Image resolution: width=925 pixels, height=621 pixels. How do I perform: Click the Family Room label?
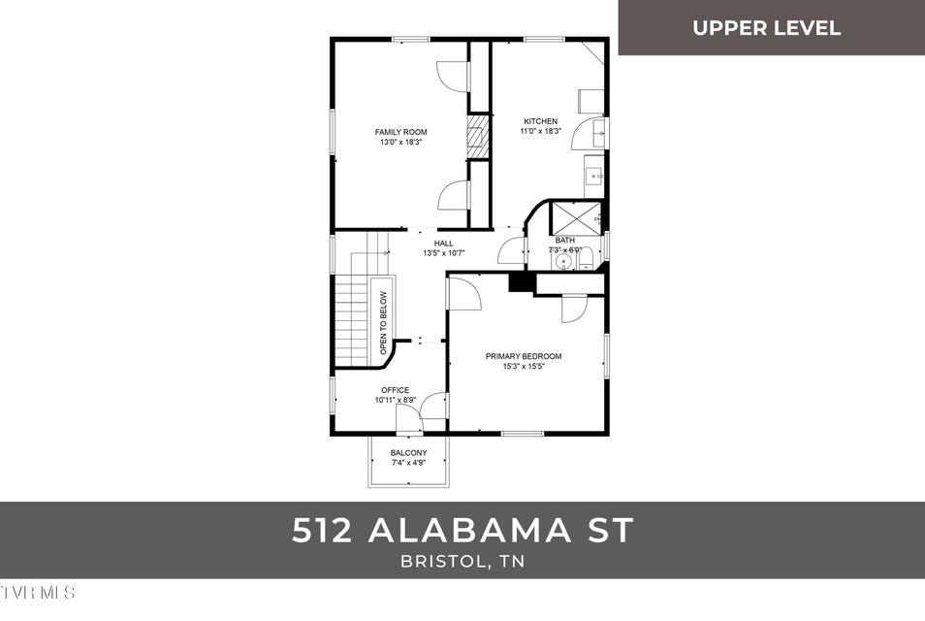coord(400,132)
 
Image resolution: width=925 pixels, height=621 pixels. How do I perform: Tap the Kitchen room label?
coord(540,121)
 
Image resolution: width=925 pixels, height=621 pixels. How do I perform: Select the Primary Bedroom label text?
coord(524,356)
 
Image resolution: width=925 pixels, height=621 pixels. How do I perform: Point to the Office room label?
coord(395,390)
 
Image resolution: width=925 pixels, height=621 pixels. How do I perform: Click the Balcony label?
coord(408,453)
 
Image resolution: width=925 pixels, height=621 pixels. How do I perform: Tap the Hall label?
coord(444,244)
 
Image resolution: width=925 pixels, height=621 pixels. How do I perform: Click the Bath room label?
coord(565,240)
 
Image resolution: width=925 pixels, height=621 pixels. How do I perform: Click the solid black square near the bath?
coord(521,280)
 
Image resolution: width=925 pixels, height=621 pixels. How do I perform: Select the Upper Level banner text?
coord(766,27)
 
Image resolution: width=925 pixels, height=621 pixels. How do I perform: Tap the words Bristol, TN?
coord(462,562)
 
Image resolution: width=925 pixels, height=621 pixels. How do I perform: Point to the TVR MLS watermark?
coord(39,591)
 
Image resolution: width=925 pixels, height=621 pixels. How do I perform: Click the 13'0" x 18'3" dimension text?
coord(400,143)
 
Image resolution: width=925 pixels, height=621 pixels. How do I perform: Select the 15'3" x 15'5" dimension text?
coord(524,367)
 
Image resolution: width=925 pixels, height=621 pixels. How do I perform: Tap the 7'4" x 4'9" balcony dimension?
coord(408,464)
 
